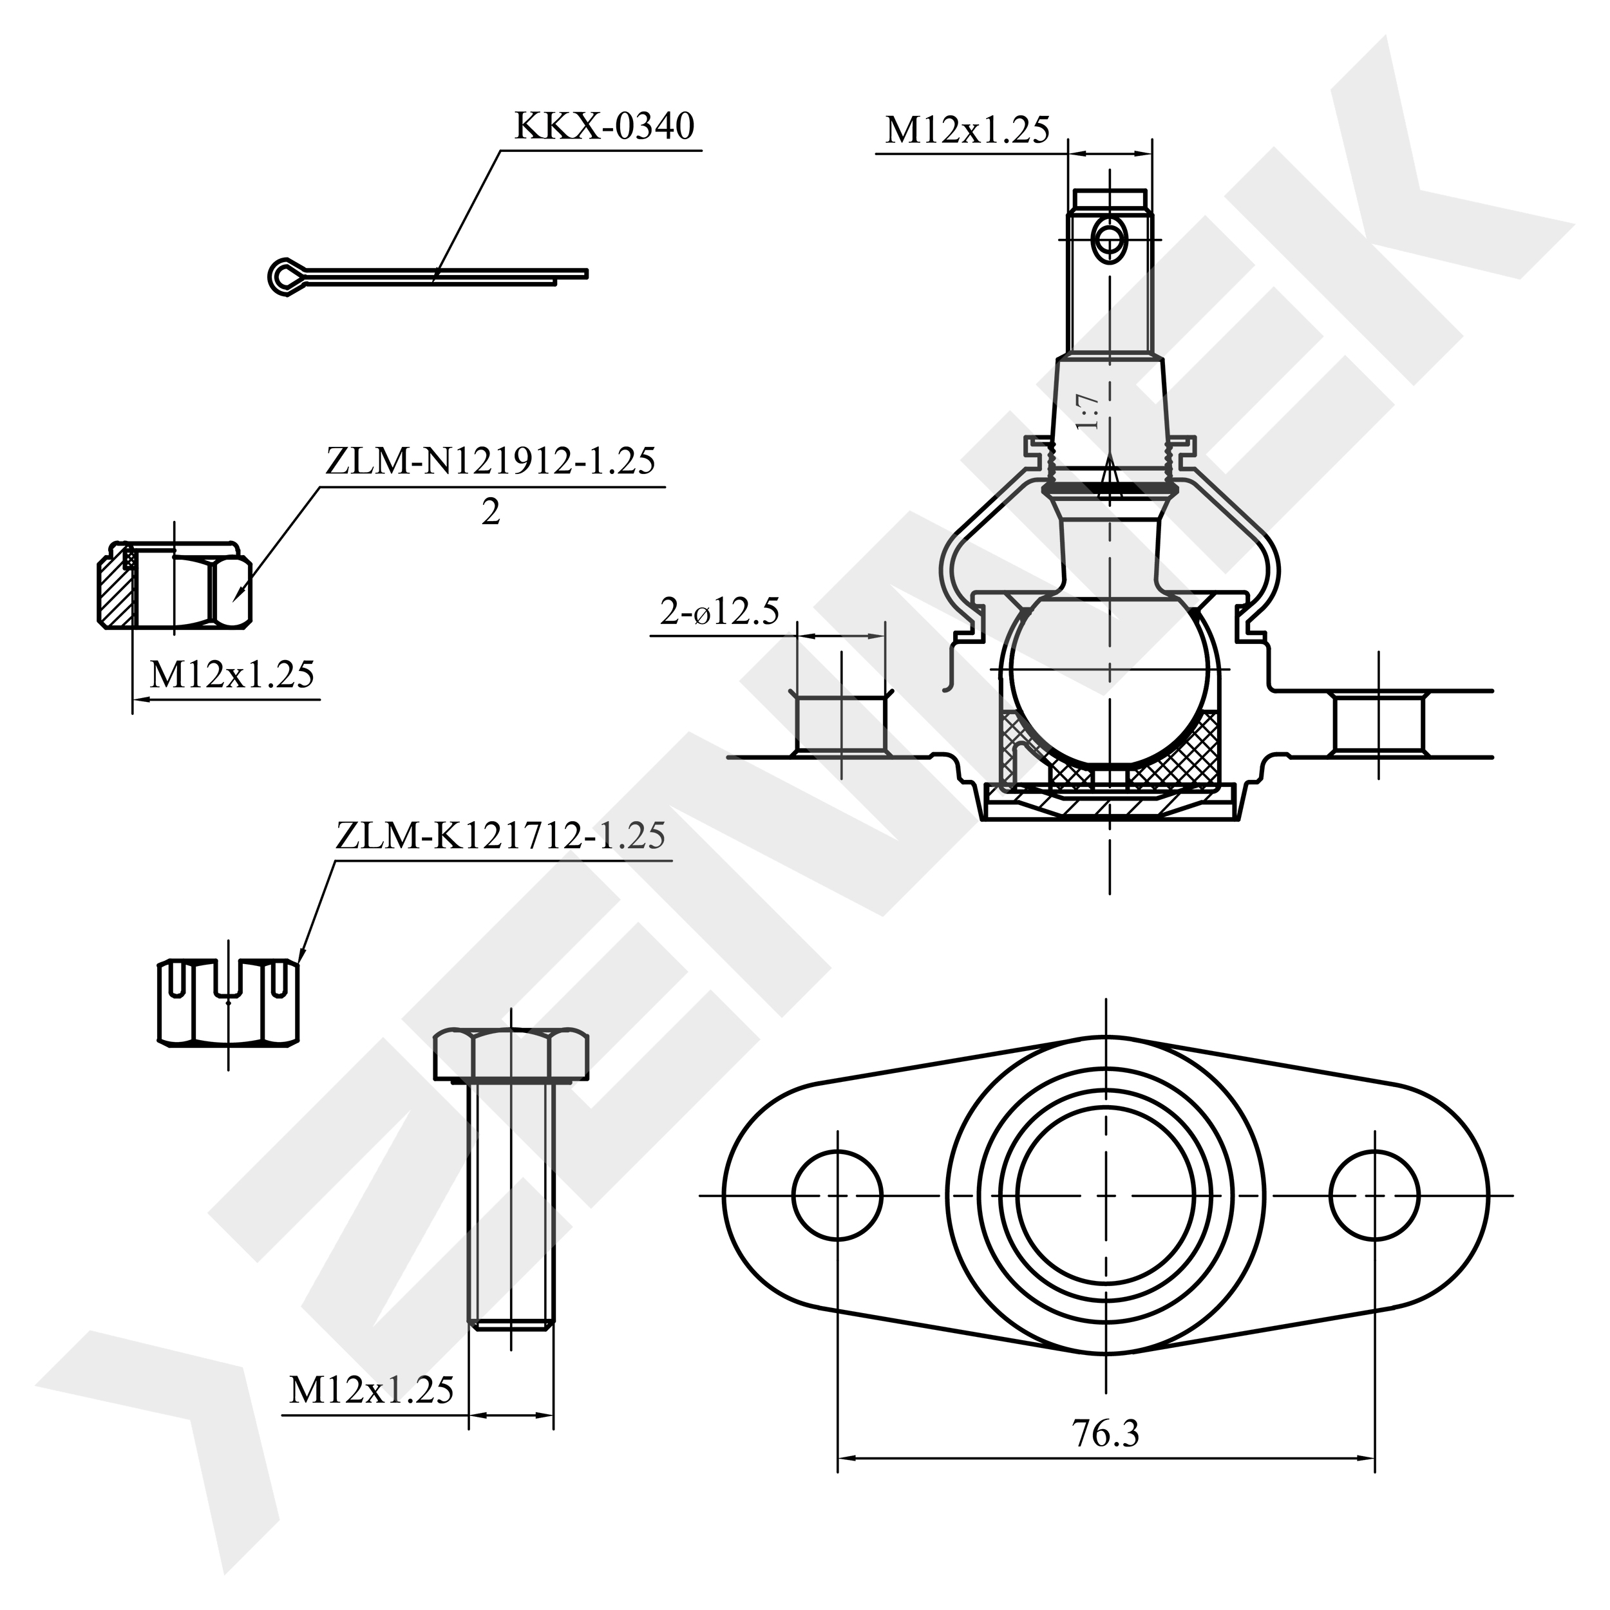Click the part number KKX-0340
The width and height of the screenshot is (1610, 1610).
pyautogui.click(x=604, y=127)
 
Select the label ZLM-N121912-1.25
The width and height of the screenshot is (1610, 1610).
pyautogui.click(x=491, y=461)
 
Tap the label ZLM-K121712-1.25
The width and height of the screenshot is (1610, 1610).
pyautogui.click(x=501, y=836)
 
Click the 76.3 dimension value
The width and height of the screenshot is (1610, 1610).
pyautogui.click(x=1105, y=1434)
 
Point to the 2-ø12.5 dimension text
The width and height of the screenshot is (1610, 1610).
pyautogui.click(x=720, y=612)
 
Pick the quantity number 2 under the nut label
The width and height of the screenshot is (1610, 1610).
pyautogui.click(x=491, y=512)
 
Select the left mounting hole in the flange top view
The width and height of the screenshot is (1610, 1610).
pyautogui.click(x=837, y=1195)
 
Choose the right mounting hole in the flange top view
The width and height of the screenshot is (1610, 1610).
pyautogui.click(x=1374, y=1195)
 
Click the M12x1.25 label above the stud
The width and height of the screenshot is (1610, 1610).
pyautogui.click(x=967, y=131)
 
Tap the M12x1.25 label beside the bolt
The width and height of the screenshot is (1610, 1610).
pyautogui.click(x=372, y=1389)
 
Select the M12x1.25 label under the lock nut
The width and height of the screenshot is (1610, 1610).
pyautogui.click(x=232, y=674)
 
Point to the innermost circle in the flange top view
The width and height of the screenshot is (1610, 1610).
pyautogui.click(x=1106, y=1195)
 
